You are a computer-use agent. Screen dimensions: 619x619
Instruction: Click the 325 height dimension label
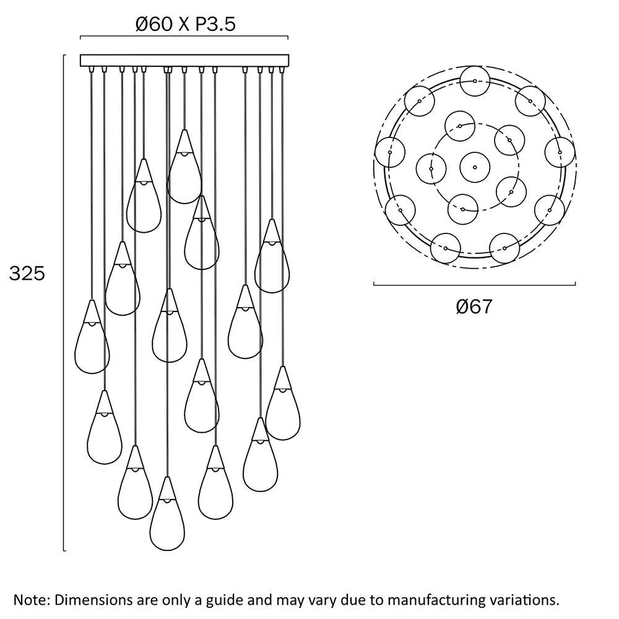pos(27,274)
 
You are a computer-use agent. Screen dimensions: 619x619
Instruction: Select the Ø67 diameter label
pos(474,306)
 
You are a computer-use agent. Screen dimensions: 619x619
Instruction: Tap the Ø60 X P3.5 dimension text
pos(186,25)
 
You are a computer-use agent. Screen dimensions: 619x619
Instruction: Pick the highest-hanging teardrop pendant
pos(184,170)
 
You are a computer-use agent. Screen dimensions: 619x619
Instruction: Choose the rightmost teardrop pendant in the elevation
pos(283,407)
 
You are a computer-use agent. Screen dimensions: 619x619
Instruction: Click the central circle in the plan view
pos(475,167)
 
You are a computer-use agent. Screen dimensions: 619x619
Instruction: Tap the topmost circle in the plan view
pos(475,81)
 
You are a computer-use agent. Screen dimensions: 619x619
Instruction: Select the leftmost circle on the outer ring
pos(391,152)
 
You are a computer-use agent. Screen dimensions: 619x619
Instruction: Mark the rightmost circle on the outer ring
pos(560,152)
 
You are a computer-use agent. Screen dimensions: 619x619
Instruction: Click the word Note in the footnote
pos(30,600)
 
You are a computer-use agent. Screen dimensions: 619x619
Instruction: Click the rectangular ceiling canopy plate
pos(184,61)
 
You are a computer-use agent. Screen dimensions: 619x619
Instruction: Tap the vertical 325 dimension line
pos(64,303)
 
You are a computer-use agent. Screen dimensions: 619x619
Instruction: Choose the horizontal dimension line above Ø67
pos(475,285)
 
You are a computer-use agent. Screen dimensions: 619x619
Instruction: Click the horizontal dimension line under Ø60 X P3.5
pos(184,38)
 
